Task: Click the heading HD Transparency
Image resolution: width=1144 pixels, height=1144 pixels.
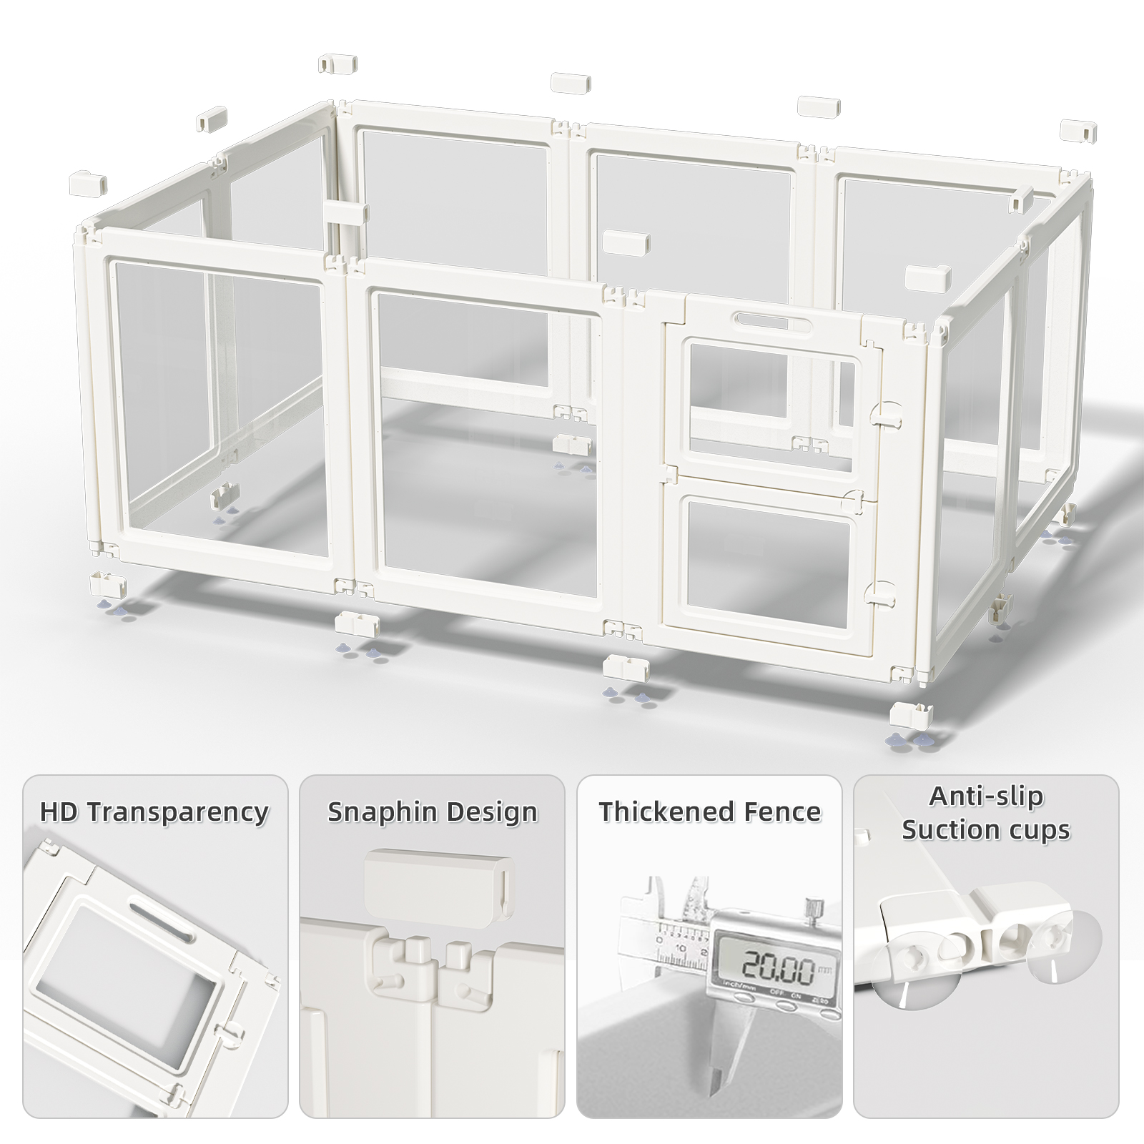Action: click(x=154, y=812)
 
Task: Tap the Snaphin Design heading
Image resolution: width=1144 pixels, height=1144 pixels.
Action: click(x=433, y=812)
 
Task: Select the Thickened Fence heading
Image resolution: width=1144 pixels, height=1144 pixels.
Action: click(x=710, y=812)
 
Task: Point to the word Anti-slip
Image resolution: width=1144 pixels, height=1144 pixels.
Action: click(x=986, y=796)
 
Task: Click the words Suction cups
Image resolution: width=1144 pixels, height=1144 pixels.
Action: click(x=986, y=829)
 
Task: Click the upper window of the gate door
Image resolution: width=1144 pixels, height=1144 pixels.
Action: click(x=770, y=407)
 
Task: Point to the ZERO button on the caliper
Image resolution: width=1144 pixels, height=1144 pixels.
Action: click(x=829, y=1012)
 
